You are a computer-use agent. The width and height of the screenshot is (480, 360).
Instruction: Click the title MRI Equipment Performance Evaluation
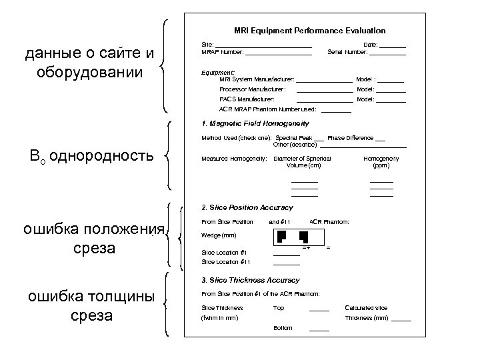click(x=309, y=31)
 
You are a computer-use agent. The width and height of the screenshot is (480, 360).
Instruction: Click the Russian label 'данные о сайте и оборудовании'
click(x=88, y=61)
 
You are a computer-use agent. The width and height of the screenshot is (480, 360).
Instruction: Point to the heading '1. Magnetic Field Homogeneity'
click(x=255, y=123)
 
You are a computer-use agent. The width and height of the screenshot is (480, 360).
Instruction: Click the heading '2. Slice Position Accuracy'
click(x=247, y=207)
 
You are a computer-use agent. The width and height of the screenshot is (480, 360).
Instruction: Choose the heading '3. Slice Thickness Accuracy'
click(x=251, y=280)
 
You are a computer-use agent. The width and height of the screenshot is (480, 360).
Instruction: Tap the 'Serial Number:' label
click(x=349, y=52)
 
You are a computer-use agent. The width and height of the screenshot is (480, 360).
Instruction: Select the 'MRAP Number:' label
click(x=223, y=52)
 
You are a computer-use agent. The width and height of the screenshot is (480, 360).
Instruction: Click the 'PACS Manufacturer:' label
click(x=247, y=99)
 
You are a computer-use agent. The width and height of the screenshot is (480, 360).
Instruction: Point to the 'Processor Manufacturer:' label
click(x=253, y=89)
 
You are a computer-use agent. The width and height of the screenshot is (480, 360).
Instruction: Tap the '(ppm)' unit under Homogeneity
click(x=381, y=165)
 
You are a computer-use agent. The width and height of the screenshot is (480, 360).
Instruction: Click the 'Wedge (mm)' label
click(x=218, y=235)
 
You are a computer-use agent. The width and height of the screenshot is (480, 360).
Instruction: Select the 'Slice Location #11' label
click(x=225, y=262)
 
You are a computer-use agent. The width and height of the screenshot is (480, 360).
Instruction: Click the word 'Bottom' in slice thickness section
click(x=283, y=328)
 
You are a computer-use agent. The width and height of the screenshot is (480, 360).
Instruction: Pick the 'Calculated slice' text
click(x=366, y=308)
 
